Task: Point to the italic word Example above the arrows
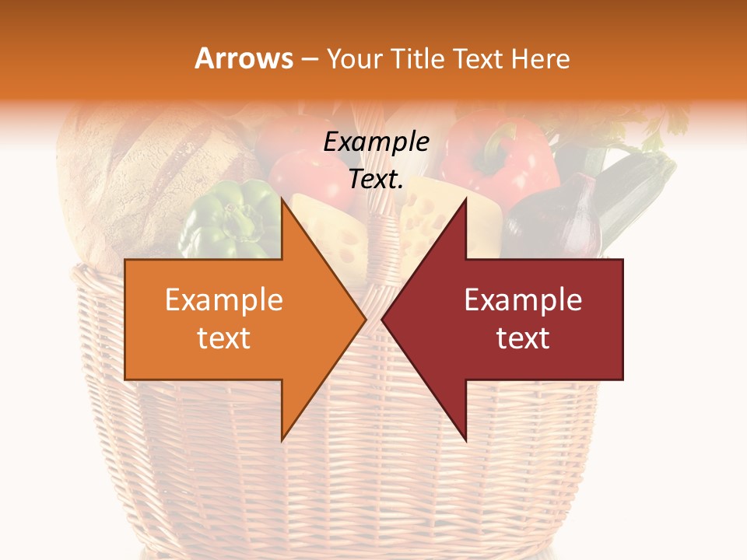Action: point(376,142)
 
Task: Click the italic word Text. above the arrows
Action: point(376,180)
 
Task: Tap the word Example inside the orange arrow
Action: point(223,299)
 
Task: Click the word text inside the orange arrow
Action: point(223,338)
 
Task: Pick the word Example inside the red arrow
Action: point(523,299)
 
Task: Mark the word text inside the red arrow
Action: point(523,338)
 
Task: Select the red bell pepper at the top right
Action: point(502,152)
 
